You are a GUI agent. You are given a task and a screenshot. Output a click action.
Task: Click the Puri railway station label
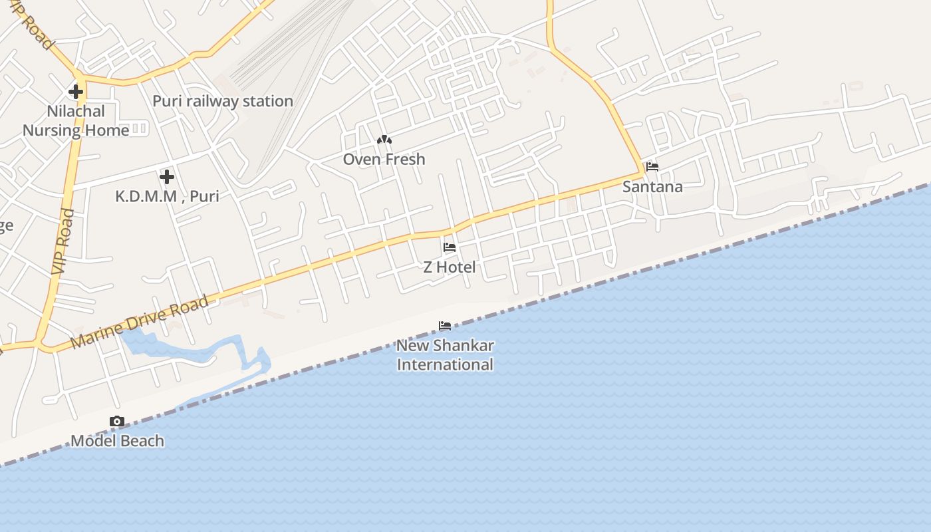pos(223,101)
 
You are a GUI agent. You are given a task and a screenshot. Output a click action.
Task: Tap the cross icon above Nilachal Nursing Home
pos(76,92)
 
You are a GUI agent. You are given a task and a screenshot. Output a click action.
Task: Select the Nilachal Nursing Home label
pos(76,120)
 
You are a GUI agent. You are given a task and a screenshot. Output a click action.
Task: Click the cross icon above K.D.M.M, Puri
pos(167,177)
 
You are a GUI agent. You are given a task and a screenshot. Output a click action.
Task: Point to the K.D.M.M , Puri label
pos(167,196)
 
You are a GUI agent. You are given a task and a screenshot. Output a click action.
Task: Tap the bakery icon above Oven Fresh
pos(384,140)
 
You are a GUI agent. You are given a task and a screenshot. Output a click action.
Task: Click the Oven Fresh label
pos(384,160)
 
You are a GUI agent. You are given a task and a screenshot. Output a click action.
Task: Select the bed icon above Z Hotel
pos(450,247)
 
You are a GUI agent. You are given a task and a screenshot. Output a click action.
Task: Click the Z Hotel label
pos(450,267)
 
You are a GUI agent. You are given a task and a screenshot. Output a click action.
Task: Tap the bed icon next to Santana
pos(652,167)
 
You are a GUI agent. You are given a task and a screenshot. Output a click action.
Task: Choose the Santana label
pos(652,187)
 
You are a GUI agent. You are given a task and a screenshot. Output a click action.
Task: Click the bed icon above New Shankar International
pos(445,326)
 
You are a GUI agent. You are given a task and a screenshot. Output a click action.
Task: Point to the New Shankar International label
pos(445,355)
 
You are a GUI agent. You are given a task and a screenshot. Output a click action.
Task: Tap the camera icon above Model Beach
pos(117,421)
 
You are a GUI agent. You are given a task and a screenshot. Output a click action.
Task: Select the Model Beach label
pos(117,441)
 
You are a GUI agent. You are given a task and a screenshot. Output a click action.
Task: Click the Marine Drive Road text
pos(139,323)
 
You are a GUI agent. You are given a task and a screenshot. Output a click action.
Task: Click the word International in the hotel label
pos(445,365)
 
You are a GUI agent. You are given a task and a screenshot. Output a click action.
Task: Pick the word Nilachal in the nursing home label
pos(76,111)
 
